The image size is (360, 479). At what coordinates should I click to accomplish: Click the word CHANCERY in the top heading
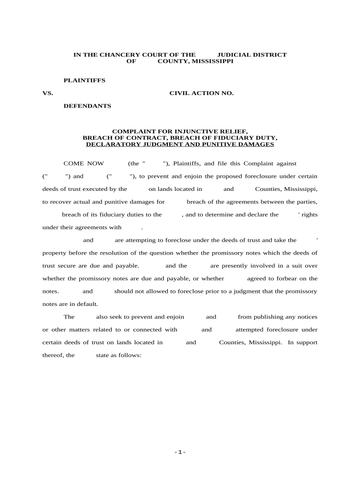117,55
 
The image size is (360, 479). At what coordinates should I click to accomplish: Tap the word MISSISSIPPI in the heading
209,61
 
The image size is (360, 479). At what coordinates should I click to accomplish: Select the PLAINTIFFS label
84,80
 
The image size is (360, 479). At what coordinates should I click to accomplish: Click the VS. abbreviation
48,93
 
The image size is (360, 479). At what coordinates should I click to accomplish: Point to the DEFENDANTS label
87,106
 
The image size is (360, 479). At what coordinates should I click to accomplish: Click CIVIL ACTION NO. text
201,93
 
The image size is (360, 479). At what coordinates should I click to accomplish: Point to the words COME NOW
80,164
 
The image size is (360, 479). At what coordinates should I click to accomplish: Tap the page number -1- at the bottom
180,452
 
